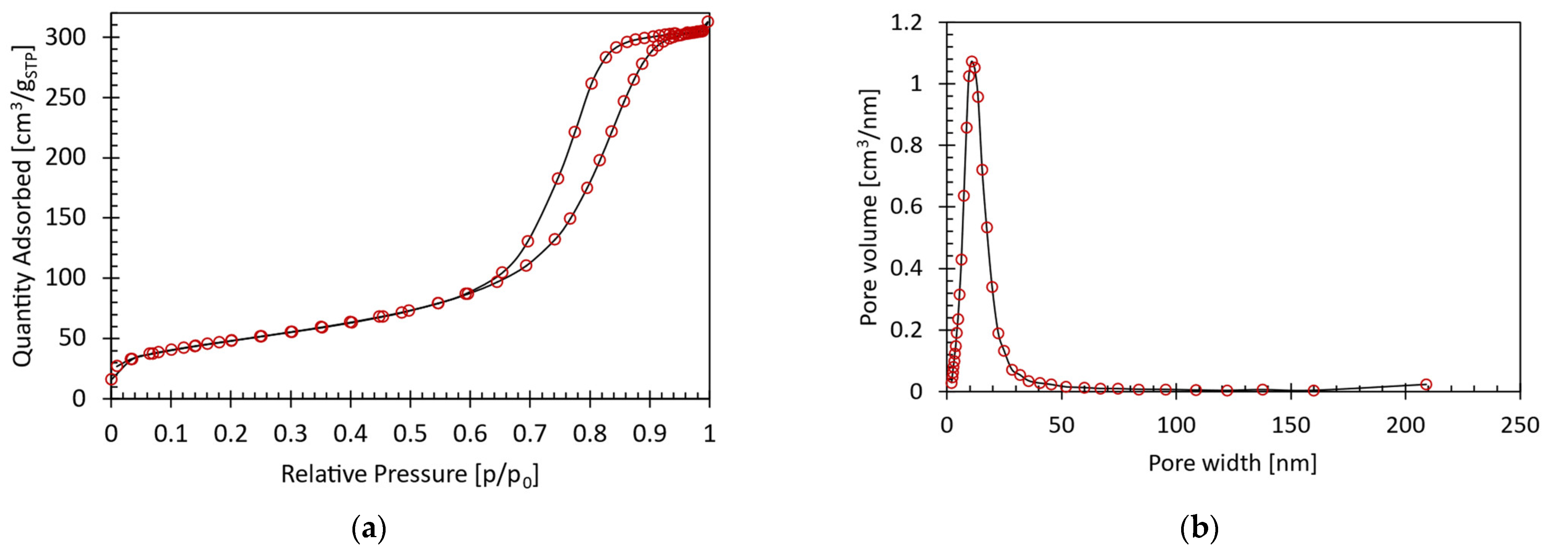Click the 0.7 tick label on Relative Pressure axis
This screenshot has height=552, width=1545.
pos(530,433)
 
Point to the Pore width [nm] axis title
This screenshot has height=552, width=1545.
pos(1233,462)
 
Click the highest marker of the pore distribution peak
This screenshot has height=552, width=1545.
pos(972,61)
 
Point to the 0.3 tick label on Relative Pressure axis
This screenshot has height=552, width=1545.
pos(290,433)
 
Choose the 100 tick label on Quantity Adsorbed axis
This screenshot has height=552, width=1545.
pos(71,278)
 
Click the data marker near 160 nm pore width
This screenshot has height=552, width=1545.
pos(1313,391)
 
